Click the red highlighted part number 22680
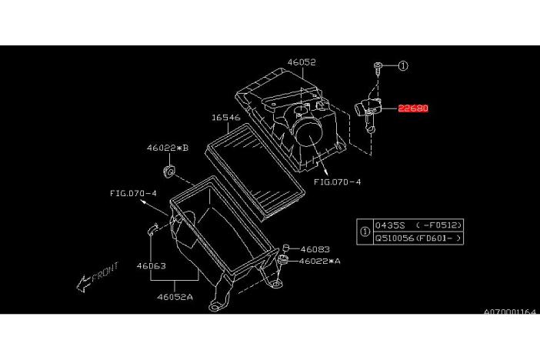413,108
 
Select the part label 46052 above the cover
302,62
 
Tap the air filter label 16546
226,118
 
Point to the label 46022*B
168,148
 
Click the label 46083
315,249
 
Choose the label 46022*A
319,261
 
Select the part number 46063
152,266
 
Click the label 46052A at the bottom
175,297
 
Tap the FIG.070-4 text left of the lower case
133,193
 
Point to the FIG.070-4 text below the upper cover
338,182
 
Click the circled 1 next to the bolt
403,65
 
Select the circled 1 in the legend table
365,232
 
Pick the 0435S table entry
390,225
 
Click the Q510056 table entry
395,238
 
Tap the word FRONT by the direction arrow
105,271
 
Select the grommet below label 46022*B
168,172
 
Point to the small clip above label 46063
153,229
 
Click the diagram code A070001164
510,312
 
